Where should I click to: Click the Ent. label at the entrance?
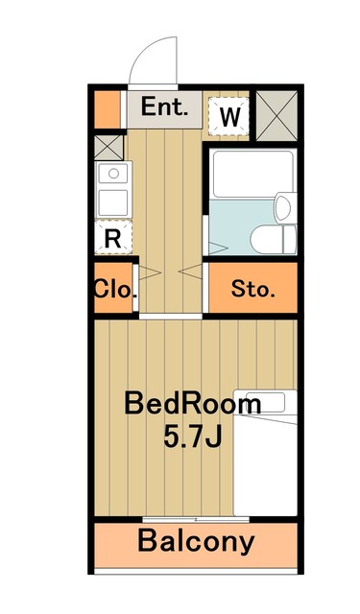pyautogui.click(x=164, y=106)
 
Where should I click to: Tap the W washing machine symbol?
pyautogui.click(x=229, y=116)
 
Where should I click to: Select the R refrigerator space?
pyautogui.click(x=113, y=237)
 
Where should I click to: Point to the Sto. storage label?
pyautogui.click(x=252, y=289)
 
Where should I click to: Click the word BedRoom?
pyautogui.click(x=192, y=404)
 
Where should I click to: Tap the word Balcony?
pyautogui.click(x=196, y=541)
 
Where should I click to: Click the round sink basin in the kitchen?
pyautogui.click(x=113, y=173)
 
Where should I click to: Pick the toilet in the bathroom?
pyautogui.click(x=274, y=239)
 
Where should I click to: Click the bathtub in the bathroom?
pyautogui.click(x=252, y=175)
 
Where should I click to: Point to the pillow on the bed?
pyautogui.click(x=265, y=403)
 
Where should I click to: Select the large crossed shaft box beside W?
pyautogui.click(x=276, y=115)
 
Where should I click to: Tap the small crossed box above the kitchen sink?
pyautogui.click(x=108, y=147)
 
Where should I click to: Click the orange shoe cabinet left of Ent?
pyautogui.click(x=107, y=109)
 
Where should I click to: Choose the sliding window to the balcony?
pyautogui.click(x=196, y=520)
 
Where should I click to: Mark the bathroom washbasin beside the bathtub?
pyautogui.click(x=285, y=208)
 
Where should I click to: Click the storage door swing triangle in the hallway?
pyautogui.click(x=190, y=271)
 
